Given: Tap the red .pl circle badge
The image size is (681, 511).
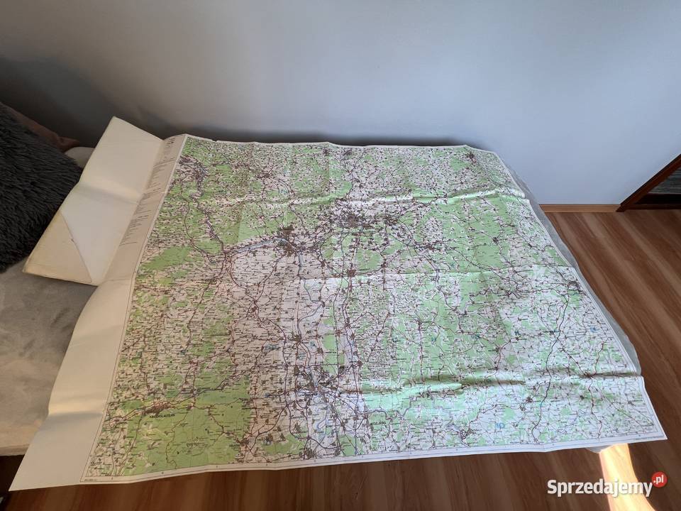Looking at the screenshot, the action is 659,480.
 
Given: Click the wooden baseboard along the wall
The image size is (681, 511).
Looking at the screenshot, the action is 578,209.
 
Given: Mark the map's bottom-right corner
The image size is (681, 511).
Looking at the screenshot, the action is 663,434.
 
